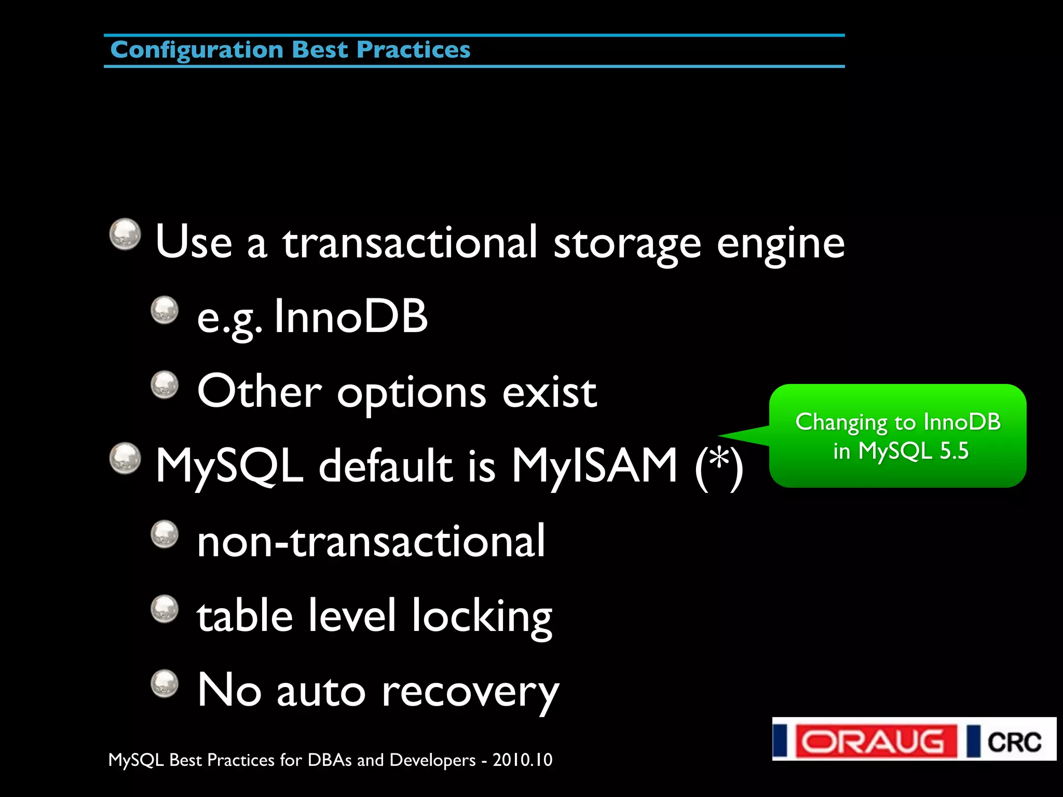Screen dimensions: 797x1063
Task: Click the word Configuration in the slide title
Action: (197, 50)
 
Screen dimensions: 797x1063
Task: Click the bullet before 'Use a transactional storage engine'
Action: (125, 234)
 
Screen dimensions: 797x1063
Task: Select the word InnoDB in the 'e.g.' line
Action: (351, 316)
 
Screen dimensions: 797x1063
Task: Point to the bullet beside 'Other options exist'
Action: (165, 384)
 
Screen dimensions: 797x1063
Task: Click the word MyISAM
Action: (595, 465)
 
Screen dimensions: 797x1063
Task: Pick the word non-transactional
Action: (371, 541)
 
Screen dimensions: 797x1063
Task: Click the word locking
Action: (482, 617)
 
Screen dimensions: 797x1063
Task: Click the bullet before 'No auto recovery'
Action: (165, 683)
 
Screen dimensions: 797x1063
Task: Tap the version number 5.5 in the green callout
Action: (954, 451)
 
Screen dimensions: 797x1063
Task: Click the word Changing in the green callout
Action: (841, 422)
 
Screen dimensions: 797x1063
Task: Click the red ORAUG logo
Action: (876, 741)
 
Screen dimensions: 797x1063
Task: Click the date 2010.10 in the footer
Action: (522, 760)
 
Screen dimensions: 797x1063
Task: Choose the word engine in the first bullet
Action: (780, 243)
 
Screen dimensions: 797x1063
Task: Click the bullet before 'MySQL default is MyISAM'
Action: (125, 458)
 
